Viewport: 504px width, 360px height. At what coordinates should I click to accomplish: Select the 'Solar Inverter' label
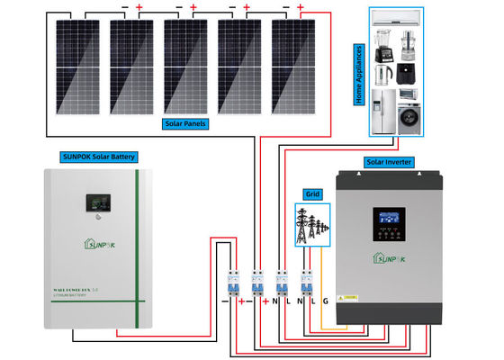point(390,162)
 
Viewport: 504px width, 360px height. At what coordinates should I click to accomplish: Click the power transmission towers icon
point(311,222)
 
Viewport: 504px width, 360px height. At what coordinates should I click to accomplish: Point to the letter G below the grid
point(325,301)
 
